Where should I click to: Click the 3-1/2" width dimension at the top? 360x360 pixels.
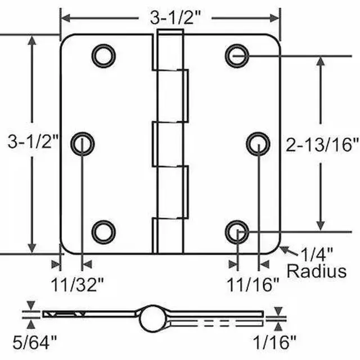[x=175, y=17]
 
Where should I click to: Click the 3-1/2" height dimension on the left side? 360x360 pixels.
[x=33, y=141]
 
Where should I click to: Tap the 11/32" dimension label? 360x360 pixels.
[x=77, y=285]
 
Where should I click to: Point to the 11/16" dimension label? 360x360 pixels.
[x=253, y=285]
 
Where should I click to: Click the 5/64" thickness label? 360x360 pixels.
[x=34, y=343]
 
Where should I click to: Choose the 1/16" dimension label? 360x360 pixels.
[x=274, y=343]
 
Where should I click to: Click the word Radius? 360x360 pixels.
[x=317, y=271]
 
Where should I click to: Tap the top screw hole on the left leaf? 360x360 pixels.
[x=103, y=56]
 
